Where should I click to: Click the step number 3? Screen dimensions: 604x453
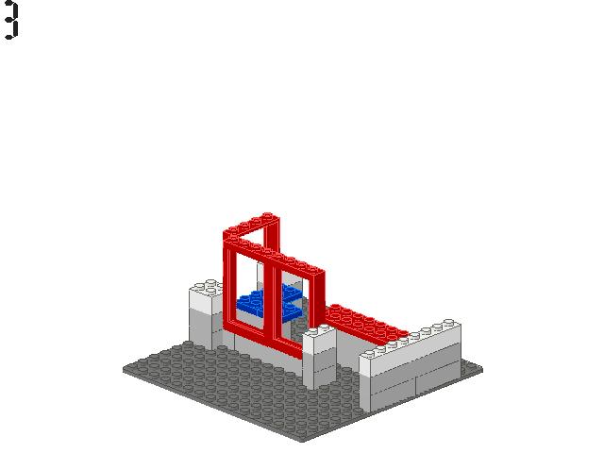point(11,20)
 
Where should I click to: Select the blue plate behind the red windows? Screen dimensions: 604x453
point(270,302)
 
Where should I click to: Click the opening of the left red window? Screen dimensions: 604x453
point(249,293)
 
